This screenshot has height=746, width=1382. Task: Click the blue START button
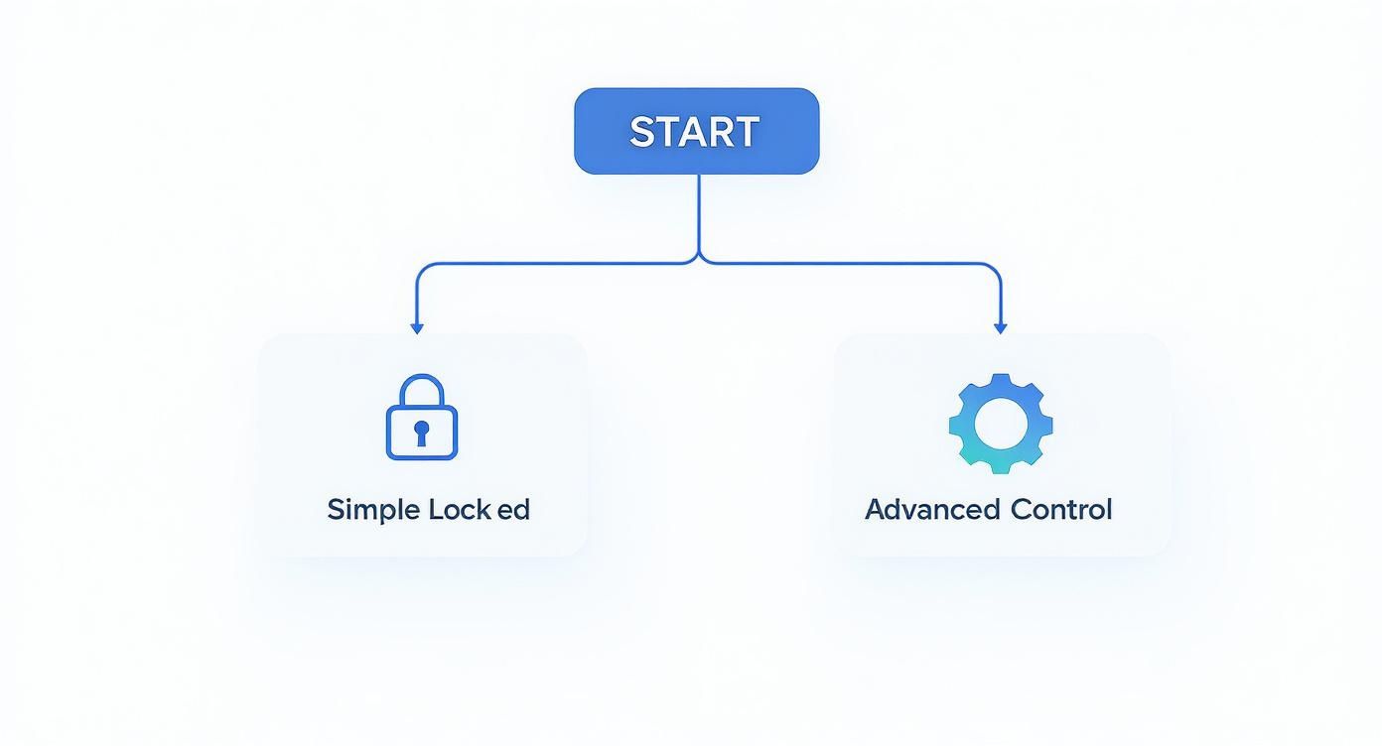pyautogui.click(x=696, y=131)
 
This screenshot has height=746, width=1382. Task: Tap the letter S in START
pyautogui.click(x=642, y=132)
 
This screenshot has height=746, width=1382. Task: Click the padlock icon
pyautogui.click(x=421, y=418)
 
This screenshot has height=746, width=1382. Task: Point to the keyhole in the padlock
pyautogui.click(x=421, y=433)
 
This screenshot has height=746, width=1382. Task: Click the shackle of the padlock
pyautogui.click(x=421, y=389)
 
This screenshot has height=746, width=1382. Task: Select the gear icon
pyautogui.click(x=1000, y=424)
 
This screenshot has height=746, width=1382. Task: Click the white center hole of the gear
pyautogui.click(x=1000, y=424)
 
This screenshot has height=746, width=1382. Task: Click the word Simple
pyautogui.click(x=373, y=510)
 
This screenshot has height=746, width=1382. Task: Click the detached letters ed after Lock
pyautogui.click(x=513, y=510)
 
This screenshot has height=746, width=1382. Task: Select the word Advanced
pyautogui.click(x=932, y=510)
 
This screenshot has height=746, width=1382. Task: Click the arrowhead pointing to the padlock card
pyautogui.click(x=417, y=328)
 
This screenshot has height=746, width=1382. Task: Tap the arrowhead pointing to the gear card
pyautogui.click(x=1000, y=328)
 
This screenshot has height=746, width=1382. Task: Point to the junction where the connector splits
pyautogui.click(x=699, y=260)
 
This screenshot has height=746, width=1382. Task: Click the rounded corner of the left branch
pyautogui.click(x=421, y=268)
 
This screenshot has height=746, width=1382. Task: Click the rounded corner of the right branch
pyautogui.click(x=995, y=268)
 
